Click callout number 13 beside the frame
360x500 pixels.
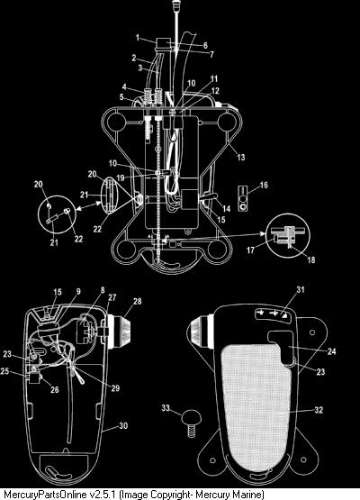241,157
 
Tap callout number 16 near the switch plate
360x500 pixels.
264,185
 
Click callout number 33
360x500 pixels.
166,408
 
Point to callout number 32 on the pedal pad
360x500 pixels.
319,410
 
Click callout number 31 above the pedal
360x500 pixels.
301,289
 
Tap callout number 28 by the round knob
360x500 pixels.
138,301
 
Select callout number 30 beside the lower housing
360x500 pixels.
123,425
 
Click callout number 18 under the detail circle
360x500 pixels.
310,259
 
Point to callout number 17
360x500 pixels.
251,250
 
